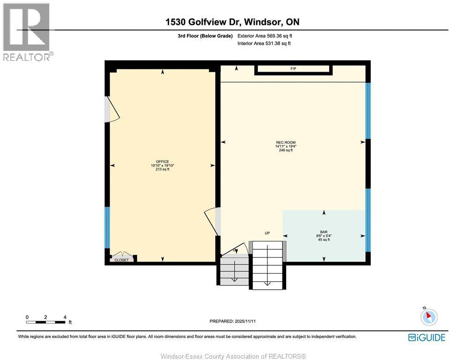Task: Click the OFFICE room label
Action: coord(162,162)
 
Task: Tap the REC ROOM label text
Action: coord(286,142)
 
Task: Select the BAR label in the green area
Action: coord(324,232)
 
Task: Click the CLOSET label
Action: coord(121,260)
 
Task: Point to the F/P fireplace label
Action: coord(294,69)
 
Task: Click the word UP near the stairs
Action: coord(267,233)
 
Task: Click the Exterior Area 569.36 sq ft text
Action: coord(265,36)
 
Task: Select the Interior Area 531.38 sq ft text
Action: coord(264,43)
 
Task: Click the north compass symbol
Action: coord(428,317)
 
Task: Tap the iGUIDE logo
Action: coord(427,337)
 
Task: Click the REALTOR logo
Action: coord(27,32)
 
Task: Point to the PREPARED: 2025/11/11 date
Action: coord(233,321)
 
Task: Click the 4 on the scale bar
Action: coord(65,317)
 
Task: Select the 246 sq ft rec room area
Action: coord(286,150)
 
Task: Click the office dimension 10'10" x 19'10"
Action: coord(162,165)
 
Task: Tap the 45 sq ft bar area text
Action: coord(324,240)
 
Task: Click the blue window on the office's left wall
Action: coord(107,227)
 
